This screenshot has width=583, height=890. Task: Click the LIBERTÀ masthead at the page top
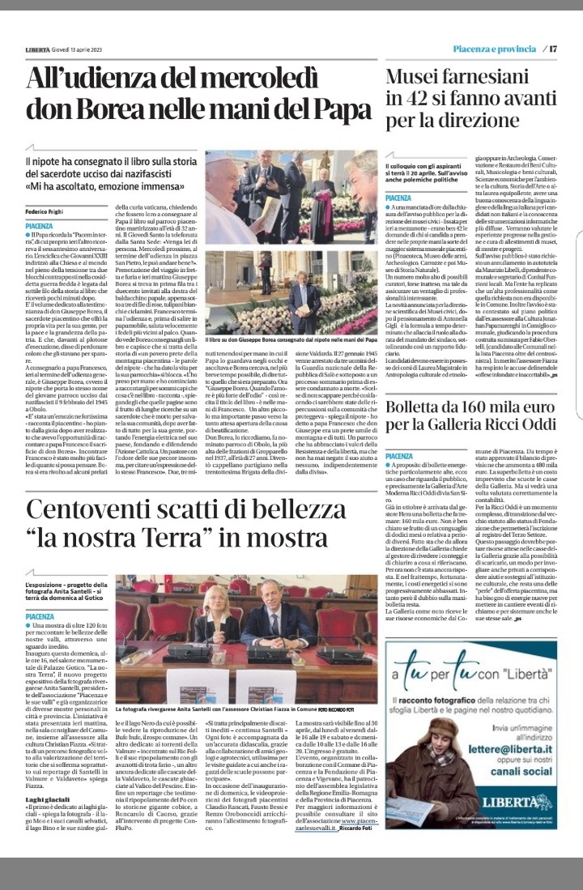click(x=40, y=49)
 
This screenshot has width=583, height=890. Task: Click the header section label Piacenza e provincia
click(x=494, y=49)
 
